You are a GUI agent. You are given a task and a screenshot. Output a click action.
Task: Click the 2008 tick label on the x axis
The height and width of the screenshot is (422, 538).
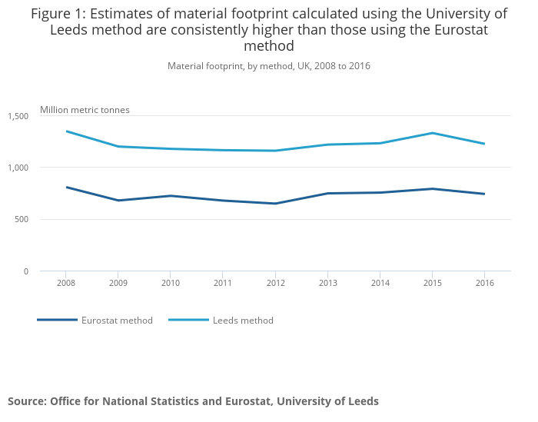65,283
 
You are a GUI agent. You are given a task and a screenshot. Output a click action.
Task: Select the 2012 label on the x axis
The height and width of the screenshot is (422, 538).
275,283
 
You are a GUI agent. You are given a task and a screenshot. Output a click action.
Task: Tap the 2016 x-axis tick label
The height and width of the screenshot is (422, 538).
484,283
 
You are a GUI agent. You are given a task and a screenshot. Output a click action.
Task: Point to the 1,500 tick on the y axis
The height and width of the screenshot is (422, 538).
18,116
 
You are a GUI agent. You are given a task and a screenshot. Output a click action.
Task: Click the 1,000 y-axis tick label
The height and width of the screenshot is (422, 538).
18,168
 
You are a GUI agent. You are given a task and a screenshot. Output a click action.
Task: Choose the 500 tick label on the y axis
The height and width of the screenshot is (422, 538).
22,220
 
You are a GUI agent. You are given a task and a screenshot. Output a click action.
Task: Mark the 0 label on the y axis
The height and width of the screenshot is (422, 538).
25,271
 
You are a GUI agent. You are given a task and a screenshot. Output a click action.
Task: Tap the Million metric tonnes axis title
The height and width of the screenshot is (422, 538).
85,110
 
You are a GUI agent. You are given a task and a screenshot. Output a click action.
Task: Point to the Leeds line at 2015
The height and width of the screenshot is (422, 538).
432,133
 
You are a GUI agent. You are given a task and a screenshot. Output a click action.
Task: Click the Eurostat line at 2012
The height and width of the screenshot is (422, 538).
275,204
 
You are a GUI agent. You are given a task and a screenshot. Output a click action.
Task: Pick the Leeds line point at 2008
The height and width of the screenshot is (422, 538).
66,131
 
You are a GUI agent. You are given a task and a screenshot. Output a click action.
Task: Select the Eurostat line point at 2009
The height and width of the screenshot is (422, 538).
118,201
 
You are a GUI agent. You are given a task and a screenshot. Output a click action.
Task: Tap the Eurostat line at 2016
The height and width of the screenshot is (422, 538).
484,194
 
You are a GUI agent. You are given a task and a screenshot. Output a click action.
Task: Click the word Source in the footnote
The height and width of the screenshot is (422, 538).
26,401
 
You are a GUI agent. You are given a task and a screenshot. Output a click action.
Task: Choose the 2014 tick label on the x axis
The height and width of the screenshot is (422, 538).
380,283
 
